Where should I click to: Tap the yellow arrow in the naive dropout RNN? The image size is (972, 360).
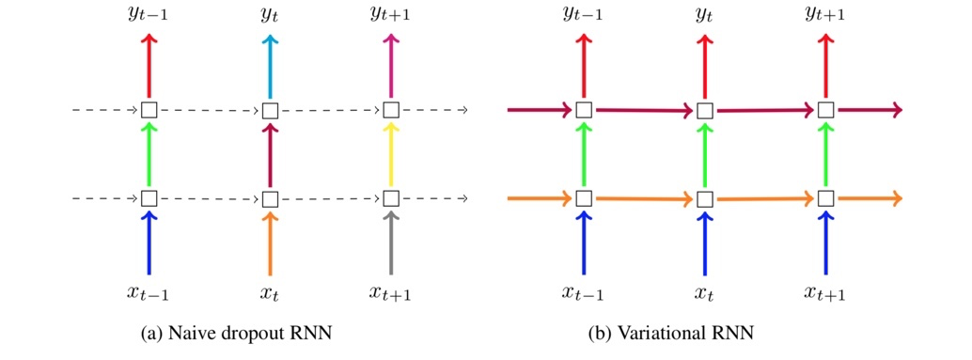[391, 155]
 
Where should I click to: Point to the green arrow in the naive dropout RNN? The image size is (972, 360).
[149, 155]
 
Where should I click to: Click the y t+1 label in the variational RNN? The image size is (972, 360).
[824, 14]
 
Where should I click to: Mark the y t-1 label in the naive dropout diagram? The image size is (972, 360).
[149, 14]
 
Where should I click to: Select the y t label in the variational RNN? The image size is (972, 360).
[704, 14]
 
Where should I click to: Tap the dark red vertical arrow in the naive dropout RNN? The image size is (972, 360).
[270, 155]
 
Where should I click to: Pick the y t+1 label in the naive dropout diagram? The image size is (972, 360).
[391, 14]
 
